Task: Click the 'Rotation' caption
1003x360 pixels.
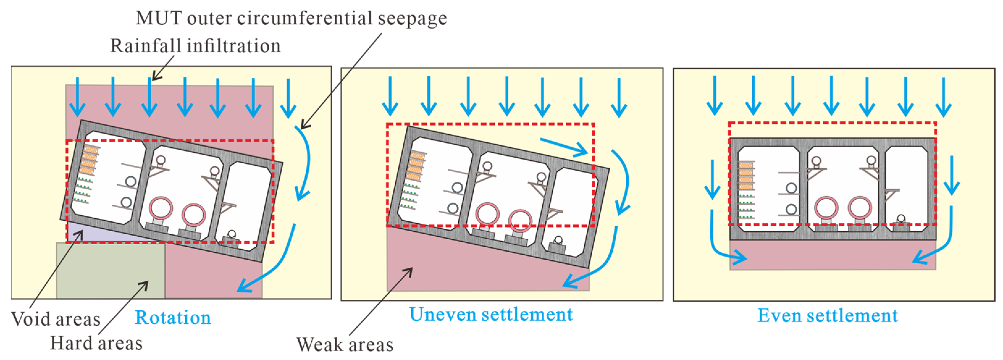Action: (173, 318)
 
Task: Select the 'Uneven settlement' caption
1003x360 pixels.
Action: (491, 315)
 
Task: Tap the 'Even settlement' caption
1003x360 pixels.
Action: (827, 316)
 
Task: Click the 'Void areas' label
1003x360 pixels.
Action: (56, 320)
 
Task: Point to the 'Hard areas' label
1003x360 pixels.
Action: (96, 343)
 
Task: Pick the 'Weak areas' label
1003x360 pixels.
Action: (345, 345)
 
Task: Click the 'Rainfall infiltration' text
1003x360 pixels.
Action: (195, 46)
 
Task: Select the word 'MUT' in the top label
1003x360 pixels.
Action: (158, 18)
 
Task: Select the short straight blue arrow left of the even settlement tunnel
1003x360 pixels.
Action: (712, 179)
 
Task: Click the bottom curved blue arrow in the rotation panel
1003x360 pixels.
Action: (273, 265)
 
